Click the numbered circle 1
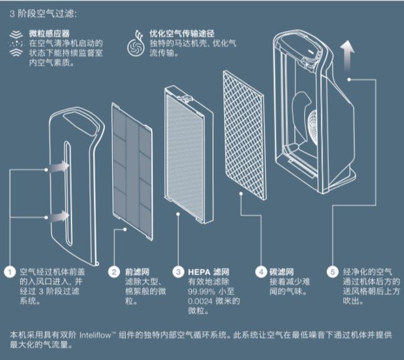tap(9, 272)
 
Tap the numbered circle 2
tap(114, 272)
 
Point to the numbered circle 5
tap(333, 272)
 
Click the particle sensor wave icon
tap(13, 42)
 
